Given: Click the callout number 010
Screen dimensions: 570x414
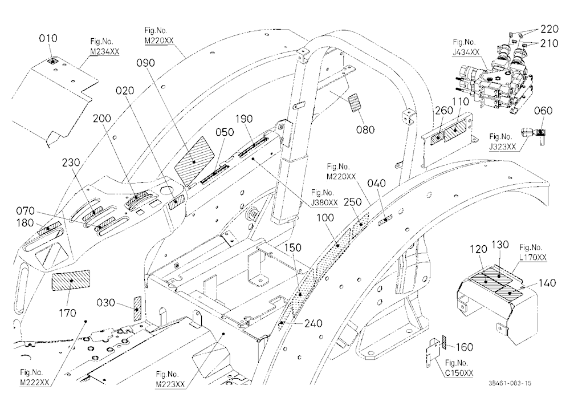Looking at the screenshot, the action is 48,38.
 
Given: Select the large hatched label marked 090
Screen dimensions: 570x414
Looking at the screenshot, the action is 194,161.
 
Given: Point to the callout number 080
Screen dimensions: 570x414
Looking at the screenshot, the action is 365,129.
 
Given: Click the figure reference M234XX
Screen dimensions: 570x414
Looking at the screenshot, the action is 105,52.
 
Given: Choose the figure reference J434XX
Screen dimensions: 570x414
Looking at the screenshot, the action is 466,52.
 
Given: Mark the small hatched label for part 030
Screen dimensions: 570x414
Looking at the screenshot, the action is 137,309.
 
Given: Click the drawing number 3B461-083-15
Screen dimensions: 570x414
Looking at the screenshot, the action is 510,383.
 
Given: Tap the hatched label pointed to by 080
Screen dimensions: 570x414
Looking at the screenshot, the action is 355,103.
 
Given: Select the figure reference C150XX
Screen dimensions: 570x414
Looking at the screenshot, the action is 459,373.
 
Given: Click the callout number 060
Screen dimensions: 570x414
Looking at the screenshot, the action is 543,110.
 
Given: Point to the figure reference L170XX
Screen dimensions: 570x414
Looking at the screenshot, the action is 533,257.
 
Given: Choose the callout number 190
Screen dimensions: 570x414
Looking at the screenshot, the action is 244,119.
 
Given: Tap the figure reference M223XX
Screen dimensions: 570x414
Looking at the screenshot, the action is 170,384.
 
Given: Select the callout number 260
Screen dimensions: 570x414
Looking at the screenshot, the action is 444,110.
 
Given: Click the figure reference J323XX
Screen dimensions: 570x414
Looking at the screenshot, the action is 503,147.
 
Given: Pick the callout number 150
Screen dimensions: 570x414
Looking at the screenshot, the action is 292,247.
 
